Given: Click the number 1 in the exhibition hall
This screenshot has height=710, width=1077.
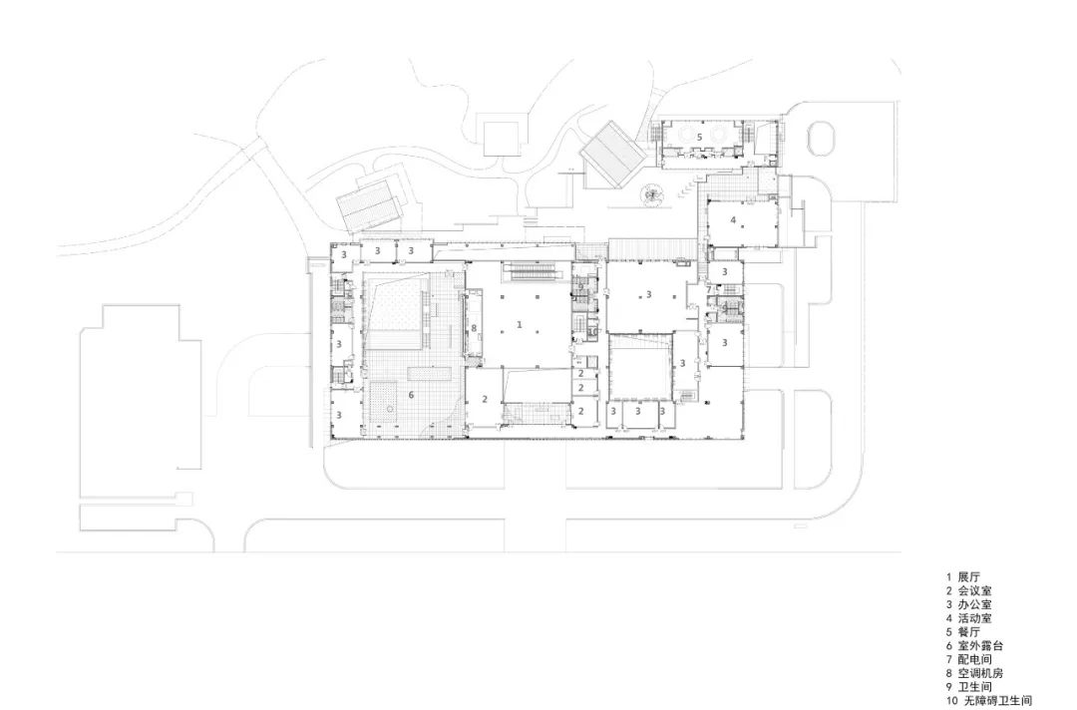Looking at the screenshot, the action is [520, 324].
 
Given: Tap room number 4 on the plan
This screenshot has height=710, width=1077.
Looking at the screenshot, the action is [733, 219].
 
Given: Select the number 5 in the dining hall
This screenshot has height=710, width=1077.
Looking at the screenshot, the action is [700, 138].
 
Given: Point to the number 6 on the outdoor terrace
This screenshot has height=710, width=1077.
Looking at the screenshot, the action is [411, 395].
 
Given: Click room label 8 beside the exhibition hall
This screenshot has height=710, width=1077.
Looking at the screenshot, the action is [474, 328].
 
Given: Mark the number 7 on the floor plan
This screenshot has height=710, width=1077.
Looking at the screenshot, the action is [710, 290].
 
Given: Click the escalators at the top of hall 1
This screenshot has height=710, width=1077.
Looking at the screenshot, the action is [536, 272].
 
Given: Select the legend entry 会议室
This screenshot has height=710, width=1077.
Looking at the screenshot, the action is [974, 590].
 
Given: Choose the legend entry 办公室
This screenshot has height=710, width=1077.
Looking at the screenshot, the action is [974, 604].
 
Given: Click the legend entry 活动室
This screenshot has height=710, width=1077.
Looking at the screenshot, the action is [974, 618].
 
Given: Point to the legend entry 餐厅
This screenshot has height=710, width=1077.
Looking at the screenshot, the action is [969, 632].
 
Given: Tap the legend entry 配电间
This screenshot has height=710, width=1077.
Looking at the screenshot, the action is [974, 659].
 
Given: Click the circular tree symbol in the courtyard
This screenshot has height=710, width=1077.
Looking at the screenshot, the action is [652, 195].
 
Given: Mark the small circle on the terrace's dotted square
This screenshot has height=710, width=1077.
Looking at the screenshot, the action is [390, 409].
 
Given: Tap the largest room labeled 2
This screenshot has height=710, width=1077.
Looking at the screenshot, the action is [485, 398].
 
